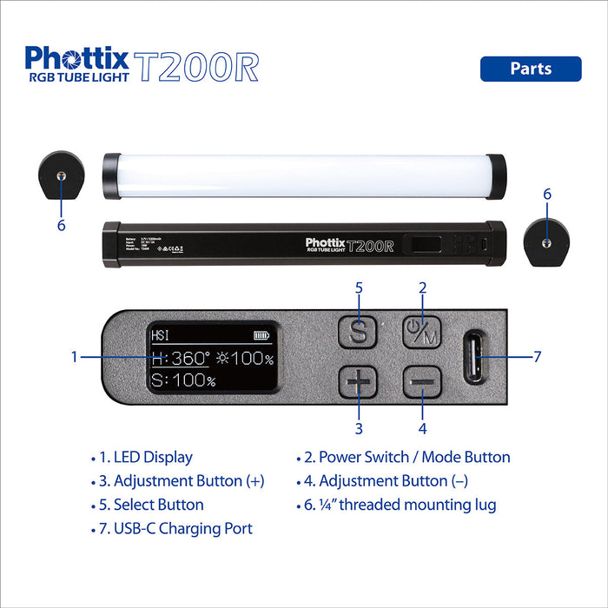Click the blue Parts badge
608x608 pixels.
click(x=530, y=69)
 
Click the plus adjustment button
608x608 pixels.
click(x=358, y=382)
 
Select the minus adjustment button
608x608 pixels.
click(x=422, y=382)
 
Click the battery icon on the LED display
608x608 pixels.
click(x=261, y=334)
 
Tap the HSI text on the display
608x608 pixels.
click(x=161, y=335)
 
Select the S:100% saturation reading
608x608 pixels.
click(x=183, y=380)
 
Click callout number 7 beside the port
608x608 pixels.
click(x=537, y=357)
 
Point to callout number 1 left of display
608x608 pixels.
click(x=75, y=357)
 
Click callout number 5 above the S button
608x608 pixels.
click(x=359, y=287)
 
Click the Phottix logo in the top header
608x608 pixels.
click(x=77, y=59)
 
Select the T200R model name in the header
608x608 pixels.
click(x=197, y=66)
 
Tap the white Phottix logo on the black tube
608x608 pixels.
click(x=325, y=242)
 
